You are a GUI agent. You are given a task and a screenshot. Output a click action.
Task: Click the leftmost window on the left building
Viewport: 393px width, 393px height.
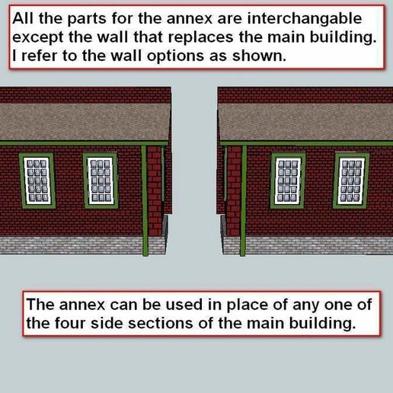pos(37,181)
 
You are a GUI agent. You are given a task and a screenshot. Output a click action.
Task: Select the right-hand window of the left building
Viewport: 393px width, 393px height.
pos(101,181)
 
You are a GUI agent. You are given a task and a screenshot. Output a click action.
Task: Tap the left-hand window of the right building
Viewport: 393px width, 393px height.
pos(287,181)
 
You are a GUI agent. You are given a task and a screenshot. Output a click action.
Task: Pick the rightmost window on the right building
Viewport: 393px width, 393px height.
pos(351,181)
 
